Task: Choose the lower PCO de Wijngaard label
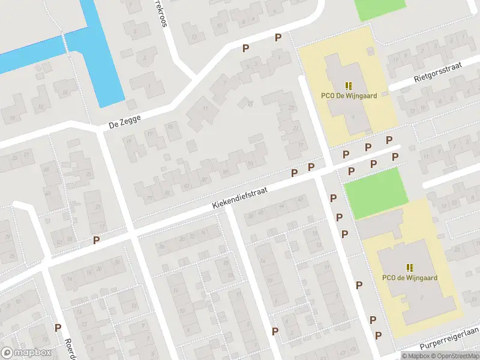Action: point(409,278)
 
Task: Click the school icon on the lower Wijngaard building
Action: point(410,268)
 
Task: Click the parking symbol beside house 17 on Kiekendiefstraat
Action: point(96,240)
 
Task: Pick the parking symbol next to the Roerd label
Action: point(58,328)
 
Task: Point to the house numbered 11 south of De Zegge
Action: point(206,109)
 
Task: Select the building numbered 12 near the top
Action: point(194,37)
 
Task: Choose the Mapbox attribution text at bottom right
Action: point(413,356)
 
